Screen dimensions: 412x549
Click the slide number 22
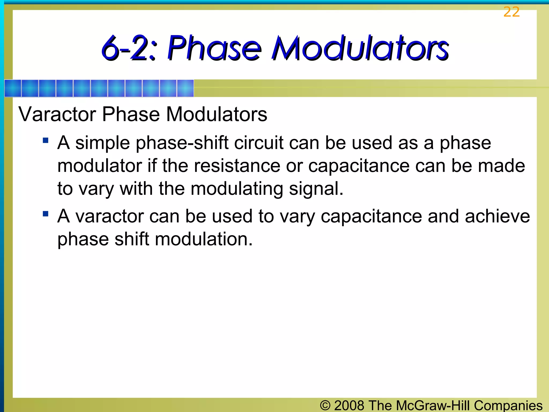(x=511, y=12)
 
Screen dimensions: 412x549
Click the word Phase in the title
(x=214, y=48)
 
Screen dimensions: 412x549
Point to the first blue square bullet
(x=46, y=140)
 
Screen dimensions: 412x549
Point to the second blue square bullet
(x=46, y=214)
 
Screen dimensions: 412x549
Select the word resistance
(x=237, y=166)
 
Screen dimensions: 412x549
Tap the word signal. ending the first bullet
(x=316, y=189)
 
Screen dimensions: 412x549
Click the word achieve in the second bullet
(x=498, y=216)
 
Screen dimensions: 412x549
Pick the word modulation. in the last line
(x=204, y=239)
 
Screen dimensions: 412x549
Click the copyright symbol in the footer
(x=325, y=405)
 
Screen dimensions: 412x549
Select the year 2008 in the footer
(x=349, y=405)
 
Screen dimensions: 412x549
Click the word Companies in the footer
(x=508, y=405)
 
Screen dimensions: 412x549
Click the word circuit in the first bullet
(x=259, y=143)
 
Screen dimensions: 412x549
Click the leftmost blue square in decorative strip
(x=13, y=88)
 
